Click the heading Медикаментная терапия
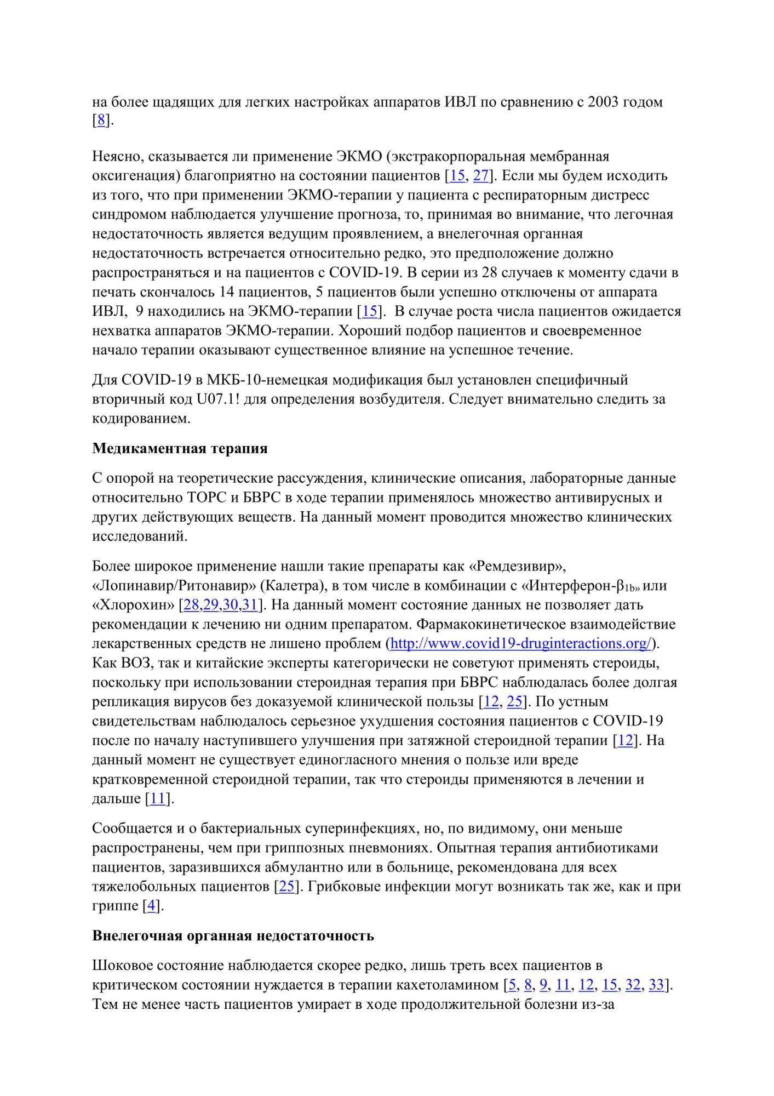point(180,448)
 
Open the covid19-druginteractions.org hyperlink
point(520,643)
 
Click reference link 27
point(480,176)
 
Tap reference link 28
point(191,605)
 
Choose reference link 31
point(250,605)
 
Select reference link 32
point(633,985)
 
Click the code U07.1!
point(217,399)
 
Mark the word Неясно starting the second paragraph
point(116,157)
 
